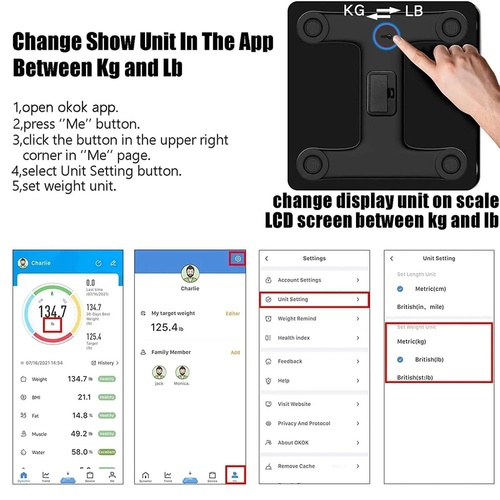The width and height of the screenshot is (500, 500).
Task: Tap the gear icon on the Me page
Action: click(238, 259)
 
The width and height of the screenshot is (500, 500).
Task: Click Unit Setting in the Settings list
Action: click(314, 299)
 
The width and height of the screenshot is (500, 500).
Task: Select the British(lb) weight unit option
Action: click(429, 359)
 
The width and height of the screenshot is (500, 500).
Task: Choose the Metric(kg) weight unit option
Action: click(412, 341)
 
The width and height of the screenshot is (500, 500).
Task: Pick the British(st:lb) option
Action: click(415, 377)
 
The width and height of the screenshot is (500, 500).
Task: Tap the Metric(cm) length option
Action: click(430, 289)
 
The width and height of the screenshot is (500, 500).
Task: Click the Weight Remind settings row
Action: click(314, 319)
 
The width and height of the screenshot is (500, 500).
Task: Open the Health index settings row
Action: click(314, 338)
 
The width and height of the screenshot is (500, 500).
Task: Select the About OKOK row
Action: click(314, 443)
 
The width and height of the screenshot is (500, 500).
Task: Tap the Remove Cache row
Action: click(314, 466)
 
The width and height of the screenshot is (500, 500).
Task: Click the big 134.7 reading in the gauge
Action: click(52, 311)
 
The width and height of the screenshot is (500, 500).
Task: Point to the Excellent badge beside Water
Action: click(106, 452)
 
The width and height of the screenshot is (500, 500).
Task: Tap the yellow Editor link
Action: click(233, 313)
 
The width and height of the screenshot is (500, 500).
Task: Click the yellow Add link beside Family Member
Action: click(235, 353)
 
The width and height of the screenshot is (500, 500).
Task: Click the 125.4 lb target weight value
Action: click(167, 328)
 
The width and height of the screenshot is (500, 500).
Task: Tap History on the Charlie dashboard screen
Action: click(105, 363)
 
